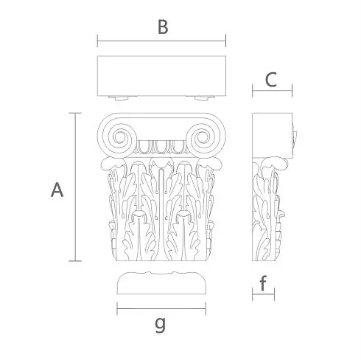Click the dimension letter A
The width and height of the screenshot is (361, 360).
point(57,190)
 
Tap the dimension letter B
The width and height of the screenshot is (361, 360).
point(163,27)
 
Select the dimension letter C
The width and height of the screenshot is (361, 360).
point(271,80)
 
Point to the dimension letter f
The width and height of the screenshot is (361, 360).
point(263,283)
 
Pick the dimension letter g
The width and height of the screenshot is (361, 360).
point(161,325)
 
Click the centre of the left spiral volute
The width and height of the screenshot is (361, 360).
point(120,137)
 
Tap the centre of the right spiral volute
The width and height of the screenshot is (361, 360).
point(203,137)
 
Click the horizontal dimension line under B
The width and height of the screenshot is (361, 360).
point(161,41)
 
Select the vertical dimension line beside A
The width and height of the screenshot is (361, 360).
point(75,187)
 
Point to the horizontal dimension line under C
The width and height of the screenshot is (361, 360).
point(272,90)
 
